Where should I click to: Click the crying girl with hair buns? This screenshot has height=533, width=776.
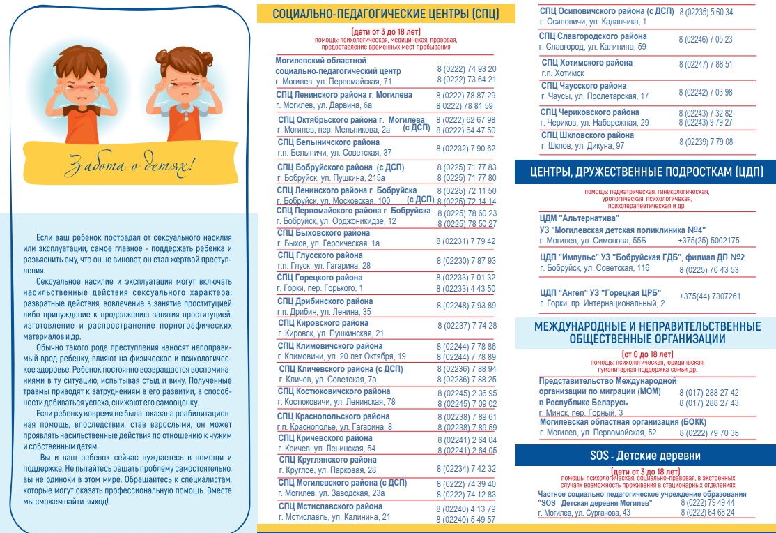pyautogui.click(x=176, y=87)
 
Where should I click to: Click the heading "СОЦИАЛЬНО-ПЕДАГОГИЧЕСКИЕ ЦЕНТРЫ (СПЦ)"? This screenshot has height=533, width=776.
pyautogui.click(x=386, y=14)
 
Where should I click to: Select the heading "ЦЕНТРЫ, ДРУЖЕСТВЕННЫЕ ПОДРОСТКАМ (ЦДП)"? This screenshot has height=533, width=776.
pyautogui.click(x=646, y=172)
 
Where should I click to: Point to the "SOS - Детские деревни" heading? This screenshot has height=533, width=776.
pyautogui.click(x=645, y=456)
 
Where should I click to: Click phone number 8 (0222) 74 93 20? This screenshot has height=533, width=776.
pyautogui.click(x=466, y=69)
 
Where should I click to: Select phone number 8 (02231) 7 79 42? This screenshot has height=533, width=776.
pyautogui.click(x=466, y=241)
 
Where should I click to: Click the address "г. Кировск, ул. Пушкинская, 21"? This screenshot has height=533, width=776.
pyautogui.click(x=330, y=333)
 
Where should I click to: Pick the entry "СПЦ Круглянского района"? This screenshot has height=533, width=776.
pyautogui.click(x=327, y=460)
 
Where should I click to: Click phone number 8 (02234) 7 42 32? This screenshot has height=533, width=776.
pyautogui.click(x=466, y=468)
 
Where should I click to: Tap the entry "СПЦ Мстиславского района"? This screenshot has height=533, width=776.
pyautogui.click(x=330, y=506)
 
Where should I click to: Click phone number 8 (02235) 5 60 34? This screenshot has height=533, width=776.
pyautogui.click(x=706, y=12)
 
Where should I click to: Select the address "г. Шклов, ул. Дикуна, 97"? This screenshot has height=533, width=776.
pyautogui.click(x=582, y=146)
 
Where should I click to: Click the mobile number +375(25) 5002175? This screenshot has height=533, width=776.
pyautogui.click(x=710, y=240)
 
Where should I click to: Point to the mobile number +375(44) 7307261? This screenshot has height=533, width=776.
pyautogui.click(x=710, y=296)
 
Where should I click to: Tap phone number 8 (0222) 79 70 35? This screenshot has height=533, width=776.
pyautogui.click(x=709, y=433)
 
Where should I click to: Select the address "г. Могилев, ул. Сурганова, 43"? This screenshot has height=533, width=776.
pyautogui.click(x=584, y=513)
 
